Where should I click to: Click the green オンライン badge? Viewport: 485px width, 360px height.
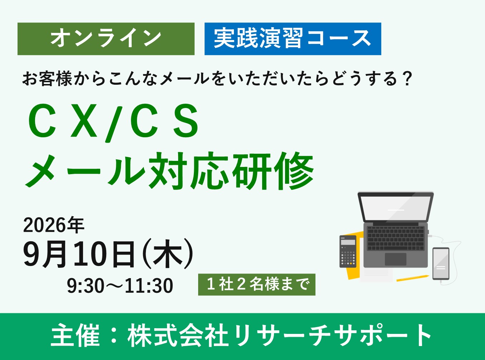[x=106, y=39]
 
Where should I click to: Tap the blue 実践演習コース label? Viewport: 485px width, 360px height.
[x=293, y=39]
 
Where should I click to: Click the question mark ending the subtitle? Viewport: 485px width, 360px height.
[x=407, y=79]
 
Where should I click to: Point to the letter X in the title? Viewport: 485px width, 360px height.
[x=84, y=121]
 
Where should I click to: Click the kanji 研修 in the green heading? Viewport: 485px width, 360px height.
[x=273, y=171]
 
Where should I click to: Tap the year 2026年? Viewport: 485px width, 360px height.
[x=54, y=225]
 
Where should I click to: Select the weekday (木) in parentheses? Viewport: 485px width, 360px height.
[x=168, y=255]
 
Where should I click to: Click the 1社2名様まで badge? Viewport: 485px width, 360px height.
[x=256, y=285]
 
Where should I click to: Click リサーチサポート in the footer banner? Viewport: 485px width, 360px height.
[x=333, y=336]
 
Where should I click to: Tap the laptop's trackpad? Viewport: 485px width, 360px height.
[x=395, y=259]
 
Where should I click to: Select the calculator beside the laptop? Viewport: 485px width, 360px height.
[x=348, y=251]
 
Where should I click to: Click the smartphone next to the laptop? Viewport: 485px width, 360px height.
[x=441, y=263]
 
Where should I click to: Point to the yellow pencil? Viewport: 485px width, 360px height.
[x=412, y=278]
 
